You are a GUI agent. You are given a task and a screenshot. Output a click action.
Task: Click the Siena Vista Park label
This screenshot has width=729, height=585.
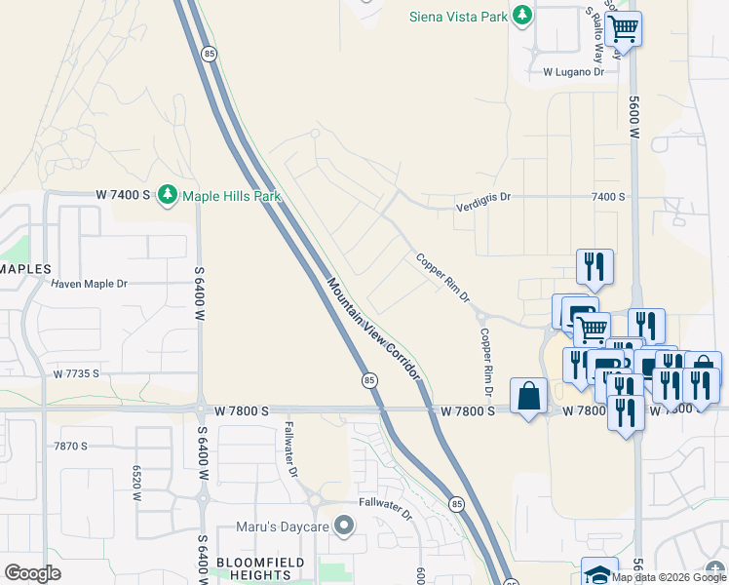[x=459, y=16]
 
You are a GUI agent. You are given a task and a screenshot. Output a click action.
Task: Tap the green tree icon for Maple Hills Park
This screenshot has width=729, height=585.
[x=168, y=195]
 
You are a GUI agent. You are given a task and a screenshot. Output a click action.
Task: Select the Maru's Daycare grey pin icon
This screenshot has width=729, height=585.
[x=343, y=526]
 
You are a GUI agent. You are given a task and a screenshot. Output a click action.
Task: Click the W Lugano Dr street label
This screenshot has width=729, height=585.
[x=573, y=72]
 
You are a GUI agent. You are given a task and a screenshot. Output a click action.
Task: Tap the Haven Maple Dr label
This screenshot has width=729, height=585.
[x=90, y=284]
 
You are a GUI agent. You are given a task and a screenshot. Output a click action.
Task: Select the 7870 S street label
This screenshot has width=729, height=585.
[x=71, y=446]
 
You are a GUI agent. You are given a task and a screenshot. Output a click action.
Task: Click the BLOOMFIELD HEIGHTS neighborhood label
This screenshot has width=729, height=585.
[x=260, y=569]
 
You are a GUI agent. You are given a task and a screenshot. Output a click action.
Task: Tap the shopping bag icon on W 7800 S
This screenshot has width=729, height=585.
[x=528, y=396]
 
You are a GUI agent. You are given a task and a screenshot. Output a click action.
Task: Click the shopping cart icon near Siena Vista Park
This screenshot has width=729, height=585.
[x=623, y=28]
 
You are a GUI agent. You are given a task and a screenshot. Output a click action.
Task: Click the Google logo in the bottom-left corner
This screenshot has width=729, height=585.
[x=32, y=573]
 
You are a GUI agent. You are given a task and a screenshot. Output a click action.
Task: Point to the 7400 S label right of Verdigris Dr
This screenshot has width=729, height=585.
[x=608, y=197]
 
